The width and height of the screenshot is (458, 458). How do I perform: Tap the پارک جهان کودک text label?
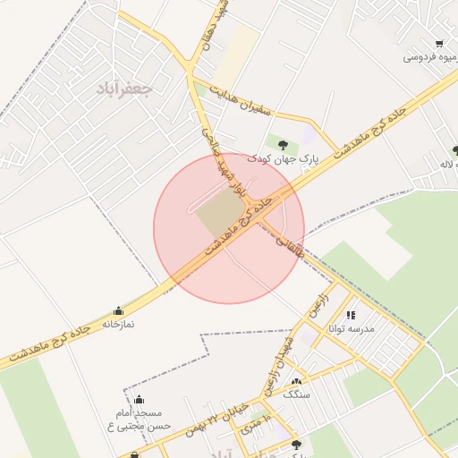pos(283,158)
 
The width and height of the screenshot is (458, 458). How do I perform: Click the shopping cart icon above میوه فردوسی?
pos(438,43)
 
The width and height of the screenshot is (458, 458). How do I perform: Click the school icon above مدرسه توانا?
pos(352,315)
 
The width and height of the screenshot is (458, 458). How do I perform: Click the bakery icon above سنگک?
pos(296,381)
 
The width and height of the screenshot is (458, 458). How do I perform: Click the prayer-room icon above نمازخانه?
pos(118,310)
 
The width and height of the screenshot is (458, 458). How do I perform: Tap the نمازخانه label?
pos(118,324)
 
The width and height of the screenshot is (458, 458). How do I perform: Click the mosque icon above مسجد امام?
pos(139,400)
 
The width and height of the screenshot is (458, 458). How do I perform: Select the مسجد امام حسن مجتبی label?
pos(139,420)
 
